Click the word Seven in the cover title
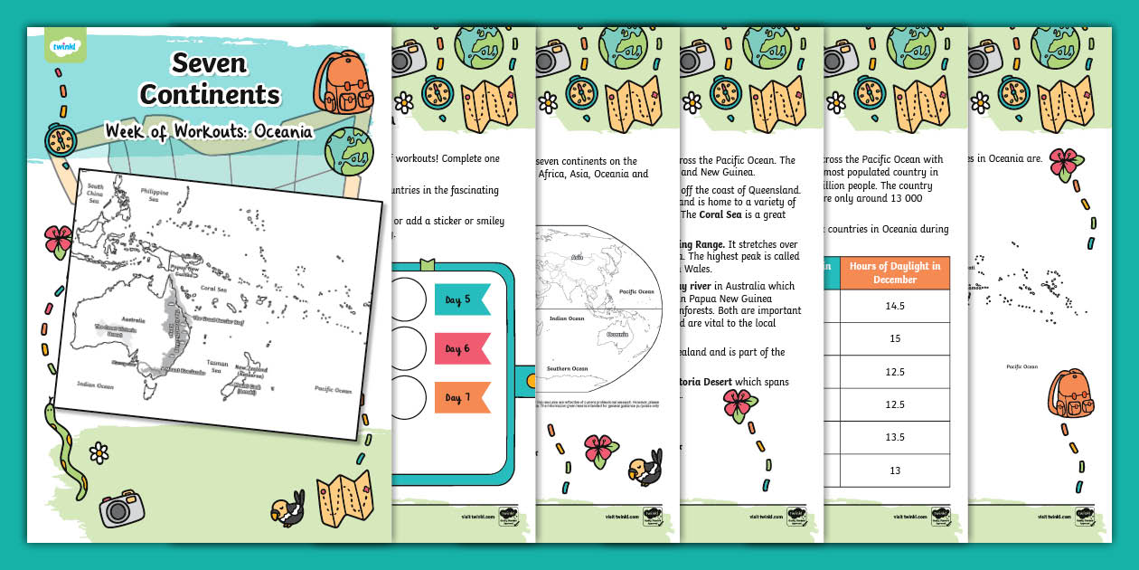click(x=209, y=62)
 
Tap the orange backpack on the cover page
click(x=342, y=83)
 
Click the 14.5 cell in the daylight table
click(x=895, y=307)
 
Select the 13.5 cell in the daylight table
click(x=895, y=437)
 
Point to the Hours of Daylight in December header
click(x=895, y=272)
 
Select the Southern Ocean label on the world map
click(x=567, y=368)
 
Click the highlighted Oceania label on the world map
click(x=617, y=334)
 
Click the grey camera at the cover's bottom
click(x=122, y=508)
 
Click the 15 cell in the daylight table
click(x=895, y=339)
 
